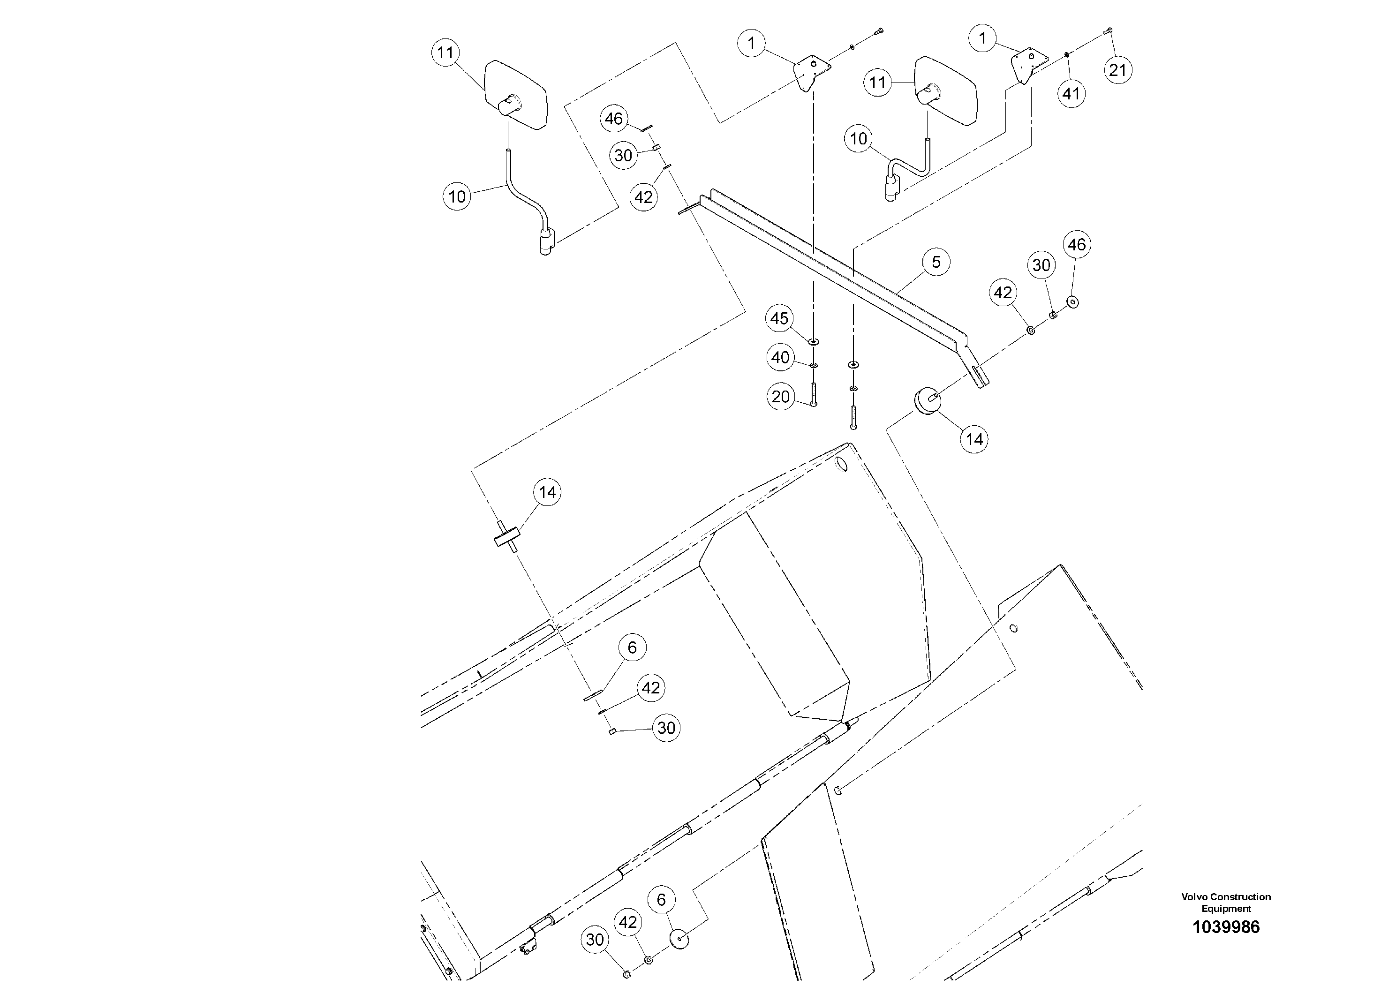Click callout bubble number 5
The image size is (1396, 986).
coord(936,262)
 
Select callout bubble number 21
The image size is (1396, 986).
coord(1117,70)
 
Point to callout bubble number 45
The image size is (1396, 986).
coord(779,318)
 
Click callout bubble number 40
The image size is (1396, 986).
coord(780,357)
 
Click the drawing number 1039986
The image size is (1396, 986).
coord(1226,927)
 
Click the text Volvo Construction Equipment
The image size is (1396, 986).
coord(1226,903)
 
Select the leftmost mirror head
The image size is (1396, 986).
coord(516,94)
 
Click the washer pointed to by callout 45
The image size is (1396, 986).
coord(814,342)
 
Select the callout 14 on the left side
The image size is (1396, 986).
coord(547,492)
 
